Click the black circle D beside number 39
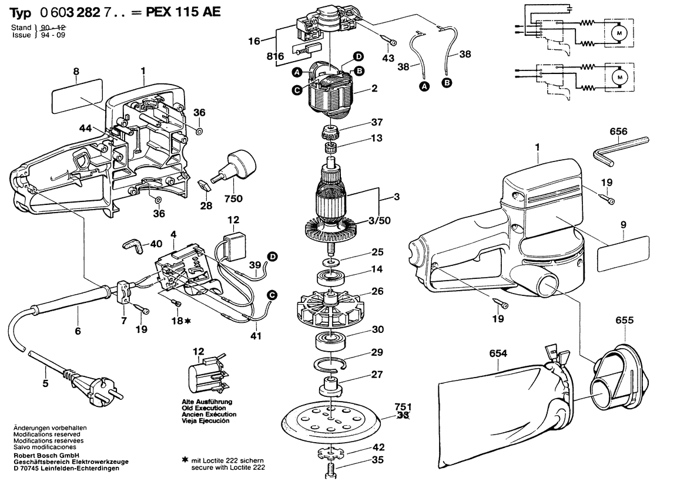coord(272,256)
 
